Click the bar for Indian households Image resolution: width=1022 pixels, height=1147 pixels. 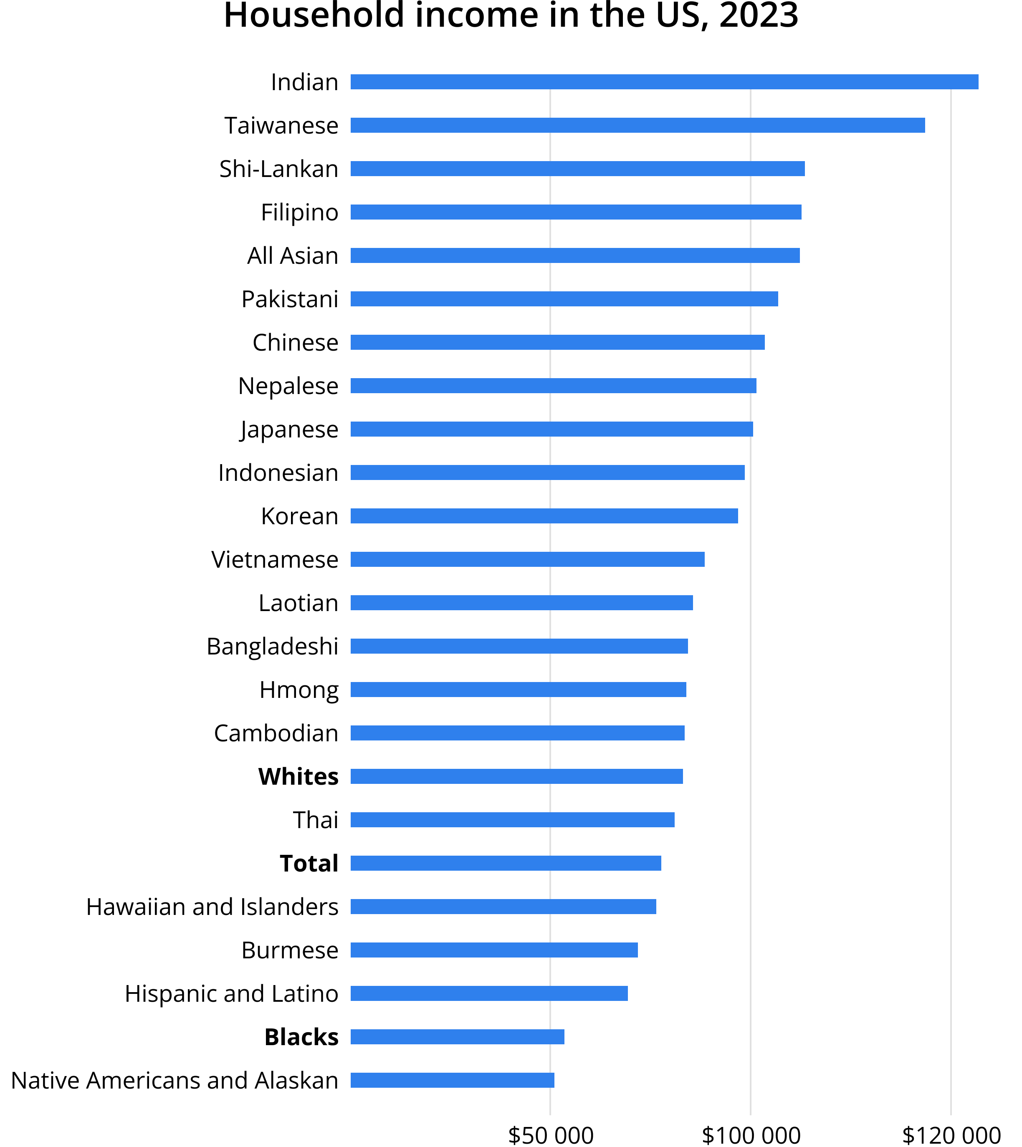click(664, 82)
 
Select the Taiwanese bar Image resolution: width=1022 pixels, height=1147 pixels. click(637, 125)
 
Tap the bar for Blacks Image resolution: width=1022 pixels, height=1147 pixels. click(457, 1037)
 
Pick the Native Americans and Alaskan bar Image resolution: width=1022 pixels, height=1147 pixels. click(452, 1080)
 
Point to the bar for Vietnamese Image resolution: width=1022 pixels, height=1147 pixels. click(527, 559)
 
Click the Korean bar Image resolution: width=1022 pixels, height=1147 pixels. click(544, 516)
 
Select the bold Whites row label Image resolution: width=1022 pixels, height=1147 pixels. click(298, 776)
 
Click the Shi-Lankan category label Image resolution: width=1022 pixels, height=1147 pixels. click(278, 169)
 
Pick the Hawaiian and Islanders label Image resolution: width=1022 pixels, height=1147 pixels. click(212, 907)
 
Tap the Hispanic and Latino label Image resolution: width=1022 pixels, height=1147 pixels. click(231, 994)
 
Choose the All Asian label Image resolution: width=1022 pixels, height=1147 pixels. click(293, 256)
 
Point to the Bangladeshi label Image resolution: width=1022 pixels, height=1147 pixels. click(272, 646)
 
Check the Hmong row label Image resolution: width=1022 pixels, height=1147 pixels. click(299, 690)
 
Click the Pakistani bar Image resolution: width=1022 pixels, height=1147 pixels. click(564, 299)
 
